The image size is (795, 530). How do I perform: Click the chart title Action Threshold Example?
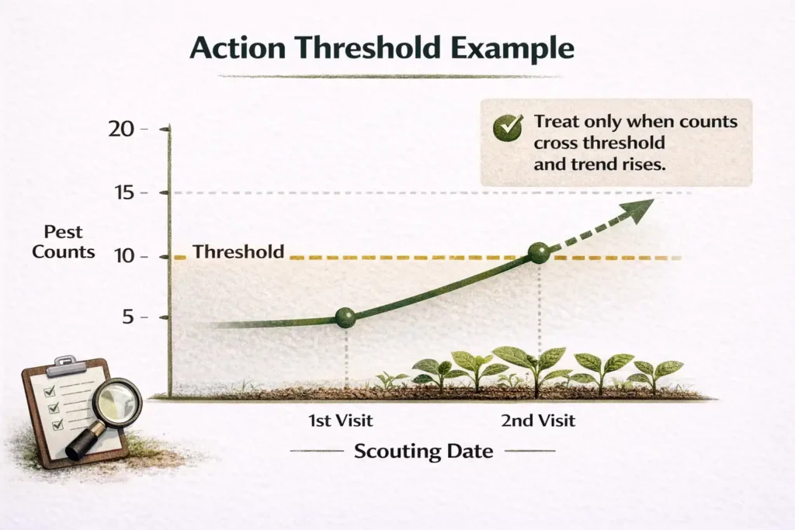382,49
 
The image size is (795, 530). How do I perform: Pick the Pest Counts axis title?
64,241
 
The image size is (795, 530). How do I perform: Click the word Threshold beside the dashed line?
238,252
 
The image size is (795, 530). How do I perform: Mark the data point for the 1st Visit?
345,317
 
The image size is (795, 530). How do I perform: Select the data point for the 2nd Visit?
538,253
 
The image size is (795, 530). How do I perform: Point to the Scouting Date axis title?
423,451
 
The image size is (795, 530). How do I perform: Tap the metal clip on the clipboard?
67,362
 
